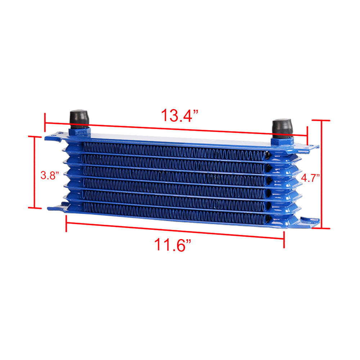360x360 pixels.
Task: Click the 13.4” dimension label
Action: [180, 115]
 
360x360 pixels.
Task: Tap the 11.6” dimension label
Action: [173, 244]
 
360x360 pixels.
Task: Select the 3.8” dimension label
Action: [50, 175]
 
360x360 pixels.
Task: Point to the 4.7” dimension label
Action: [310, 178]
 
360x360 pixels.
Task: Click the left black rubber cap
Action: [79, 119]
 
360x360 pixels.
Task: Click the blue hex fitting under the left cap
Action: [80, 133]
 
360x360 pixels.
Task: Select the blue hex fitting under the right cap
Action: [282, 141]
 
